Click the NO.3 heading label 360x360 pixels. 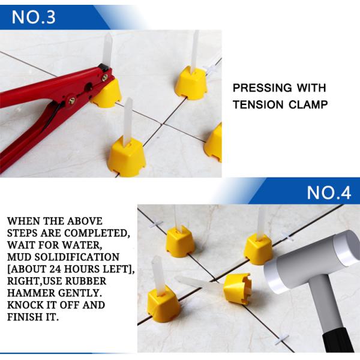tap(34, 16)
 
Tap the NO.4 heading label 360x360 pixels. tap(328, 193)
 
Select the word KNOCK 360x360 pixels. tap(24, 305)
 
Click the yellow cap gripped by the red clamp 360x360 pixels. tap(106, 92)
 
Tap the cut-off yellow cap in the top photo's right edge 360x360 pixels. tap(214, 143)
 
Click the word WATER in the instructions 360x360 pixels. tap(89, 246)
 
